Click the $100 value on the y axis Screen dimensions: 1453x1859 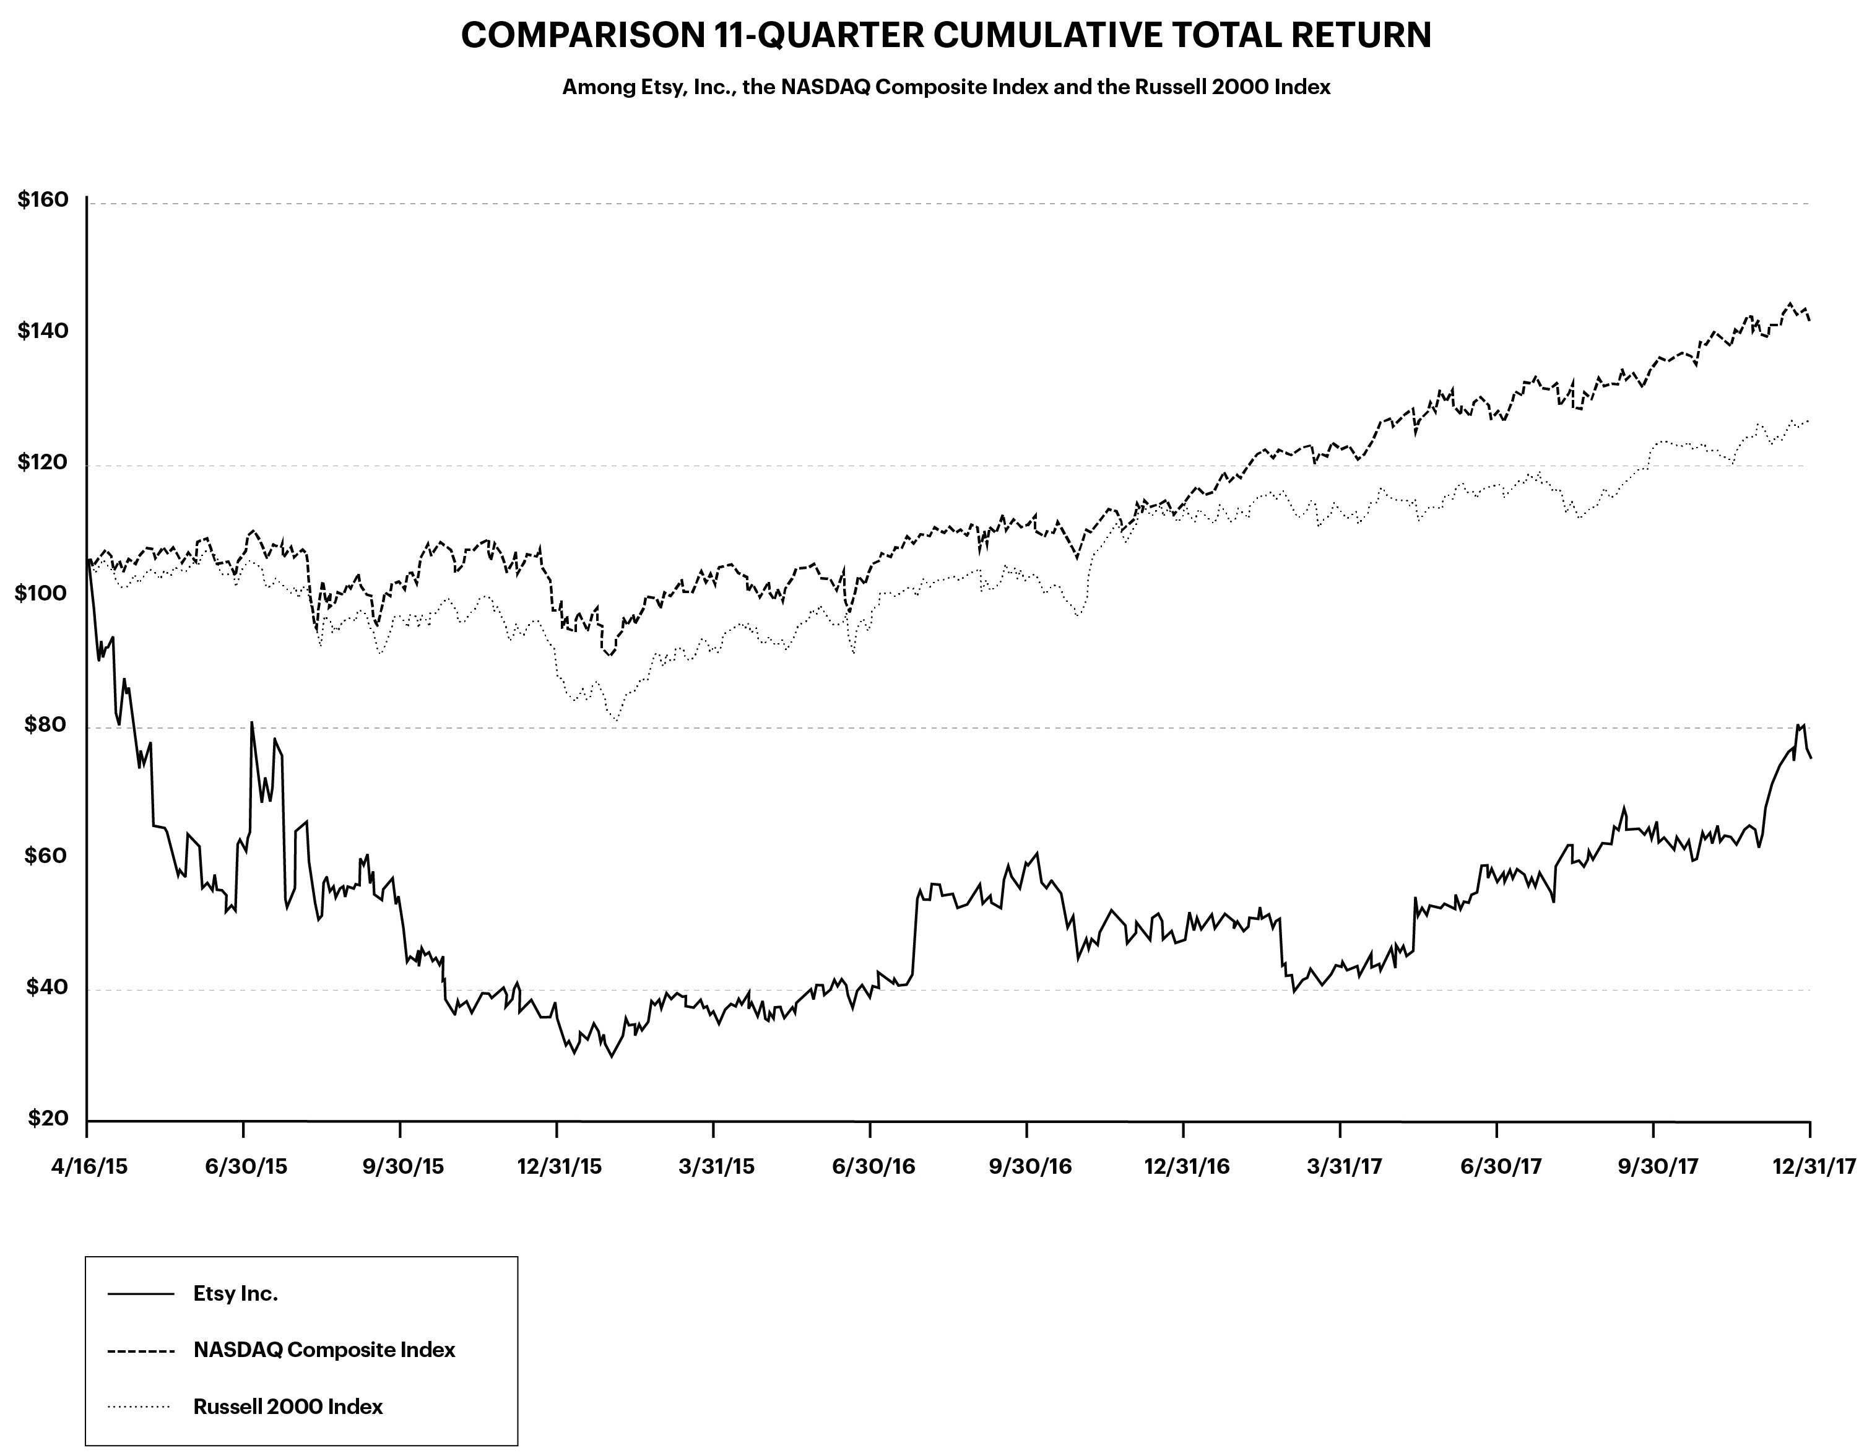click(x=41, y=593)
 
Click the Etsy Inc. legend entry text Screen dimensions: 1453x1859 click(x=236, y=1294)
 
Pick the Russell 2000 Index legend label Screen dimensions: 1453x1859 click(x=288, y=1406)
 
